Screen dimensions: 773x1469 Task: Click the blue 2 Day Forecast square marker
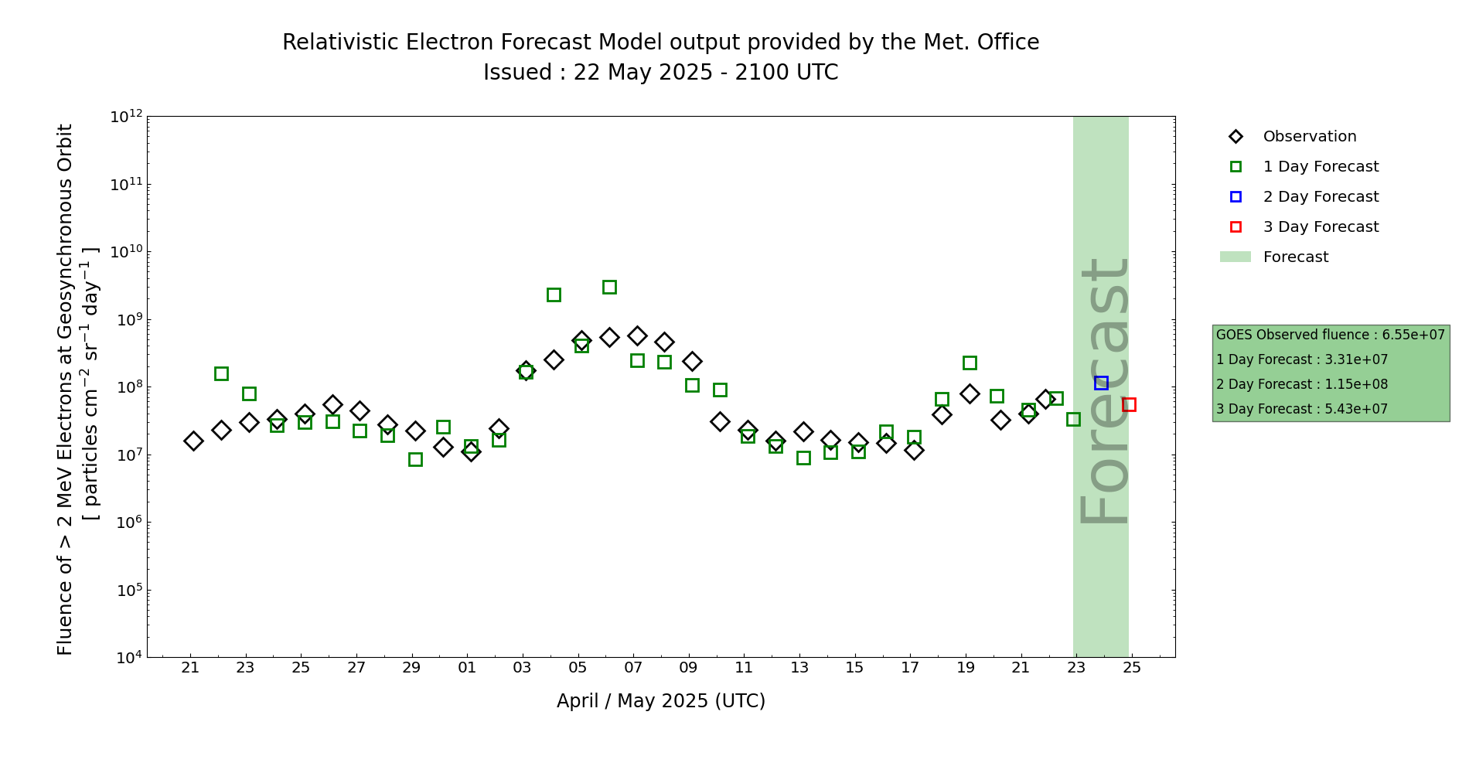tap(1101, 383)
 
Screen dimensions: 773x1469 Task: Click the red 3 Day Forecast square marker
tap(1129, 404)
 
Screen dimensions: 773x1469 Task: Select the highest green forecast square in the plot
tap(609, 287)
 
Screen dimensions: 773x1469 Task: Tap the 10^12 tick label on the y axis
tap(126, 117)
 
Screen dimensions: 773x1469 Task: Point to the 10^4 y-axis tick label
tap(126, 657)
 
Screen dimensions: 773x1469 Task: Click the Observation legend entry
tap(1309, 137)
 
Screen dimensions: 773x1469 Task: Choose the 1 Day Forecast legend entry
tap(1321, 167)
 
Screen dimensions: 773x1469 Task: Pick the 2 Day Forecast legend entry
tap(1321, 197)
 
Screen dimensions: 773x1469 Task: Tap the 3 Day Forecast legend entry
tap(1321, 227)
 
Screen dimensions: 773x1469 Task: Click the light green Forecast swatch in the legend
tap(1235, 257)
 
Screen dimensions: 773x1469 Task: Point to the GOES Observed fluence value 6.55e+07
tap(1413, 335)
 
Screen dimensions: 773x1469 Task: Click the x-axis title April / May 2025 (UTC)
tap(661, 701)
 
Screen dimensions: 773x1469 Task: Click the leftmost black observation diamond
tap(193, 441)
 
